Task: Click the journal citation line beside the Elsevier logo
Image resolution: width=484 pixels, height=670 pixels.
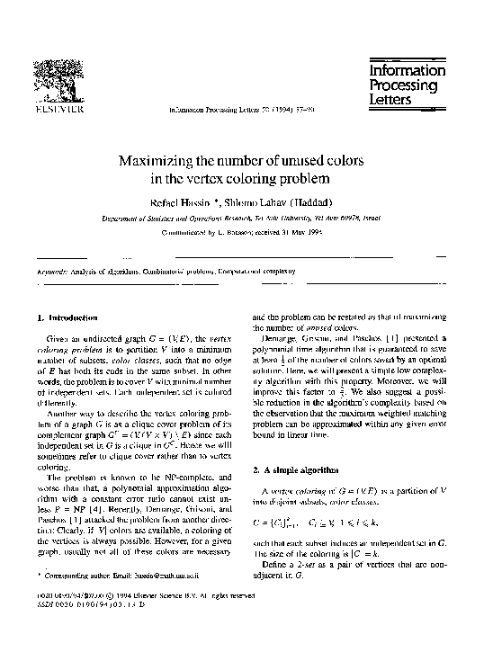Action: pyautogui.click(x=241, y=112)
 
